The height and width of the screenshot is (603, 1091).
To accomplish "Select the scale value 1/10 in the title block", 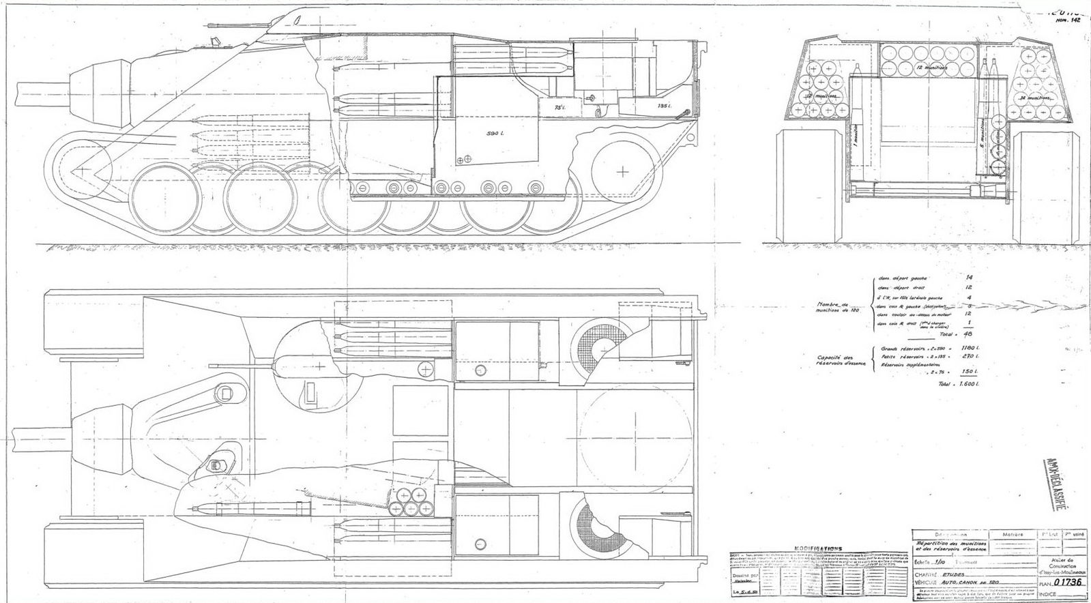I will pos(943,562).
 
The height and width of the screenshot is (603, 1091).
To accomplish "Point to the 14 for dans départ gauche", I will pos(970,278).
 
